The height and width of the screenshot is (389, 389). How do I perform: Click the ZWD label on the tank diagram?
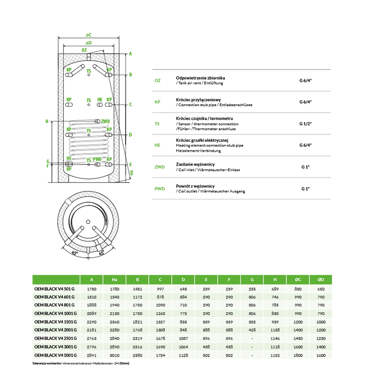click(x=105, y=121)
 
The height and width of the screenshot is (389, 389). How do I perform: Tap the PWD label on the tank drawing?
click(x=98, y=159)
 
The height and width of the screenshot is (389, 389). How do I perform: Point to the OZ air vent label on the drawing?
click(x=84, y=51)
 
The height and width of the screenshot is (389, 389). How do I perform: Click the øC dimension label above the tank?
click(x=88, y=35)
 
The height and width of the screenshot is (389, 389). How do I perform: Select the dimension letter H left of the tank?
click(x=47, y=121)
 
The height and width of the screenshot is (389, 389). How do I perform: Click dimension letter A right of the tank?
click(x=131, y=54)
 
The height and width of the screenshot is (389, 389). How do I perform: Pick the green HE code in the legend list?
click(x=157, y=145)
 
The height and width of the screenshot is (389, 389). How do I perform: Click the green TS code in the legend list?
click(x=157, y=124)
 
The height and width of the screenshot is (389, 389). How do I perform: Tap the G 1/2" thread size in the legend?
click(x=306, y=124)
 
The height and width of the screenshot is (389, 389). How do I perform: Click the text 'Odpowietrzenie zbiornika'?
click(x=200, y=78)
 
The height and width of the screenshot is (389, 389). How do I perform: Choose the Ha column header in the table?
click(x=114, y=279)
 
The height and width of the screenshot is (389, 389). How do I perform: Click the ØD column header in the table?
click(x=321, y=279)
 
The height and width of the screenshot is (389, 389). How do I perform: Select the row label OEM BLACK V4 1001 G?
click(x=55, y=313)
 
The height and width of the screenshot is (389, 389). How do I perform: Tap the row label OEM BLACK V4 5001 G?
click(x=55, y=355)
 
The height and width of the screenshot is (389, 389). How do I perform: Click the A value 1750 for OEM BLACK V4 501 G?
click(x=91, y=289)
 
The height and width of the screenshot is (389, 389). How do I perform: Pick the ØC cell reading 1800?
click(x=298, y=355)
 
